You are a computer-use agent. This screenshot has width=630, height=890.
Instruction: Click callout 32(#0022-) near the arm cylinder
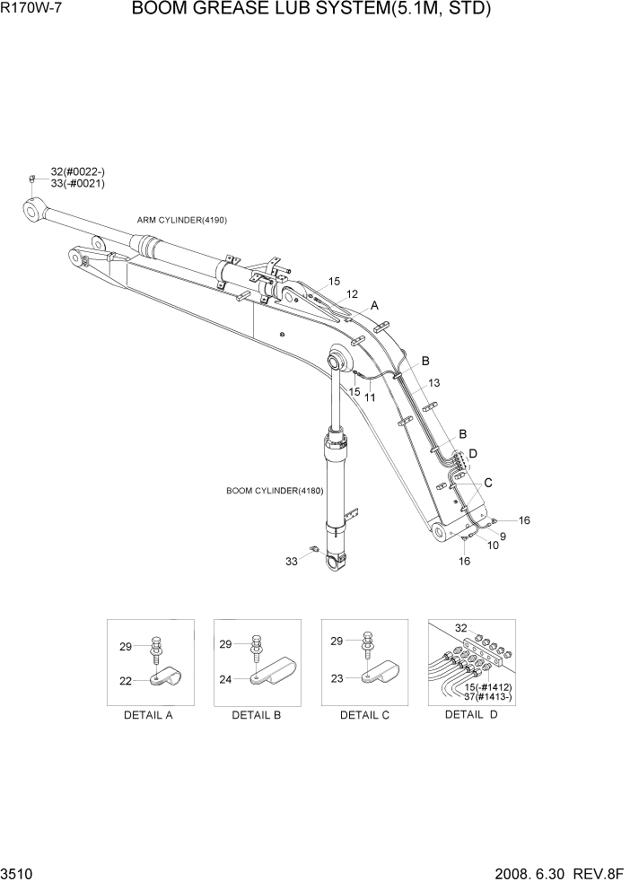tap(77, 171)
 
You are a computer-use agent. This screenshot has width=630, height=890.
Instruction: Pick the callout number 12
tap(352, 294)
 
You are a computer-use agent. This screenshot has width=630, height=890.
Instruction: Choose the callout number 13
tap(433, 383)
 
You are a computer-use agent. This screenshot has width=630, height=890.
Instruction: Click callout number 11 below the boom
tap(369, 397)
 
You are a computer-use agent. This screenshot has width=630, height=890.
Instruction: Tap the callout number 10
tap(494, 545)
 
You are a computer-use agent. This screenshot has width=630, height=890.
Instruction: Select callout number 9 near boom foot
tap(503, 537)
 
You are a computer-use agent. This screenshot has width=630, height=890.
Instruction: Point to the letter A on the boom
tap(375, 306)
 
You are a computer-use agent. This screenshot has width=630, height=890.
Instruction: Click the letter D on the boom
tap(473, 453)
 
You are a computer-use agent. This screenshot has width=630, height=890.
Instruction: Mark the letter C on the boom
tap(488, 483)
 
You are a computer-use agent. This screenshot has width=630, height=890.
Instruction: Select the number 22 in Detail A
tap(127, 681)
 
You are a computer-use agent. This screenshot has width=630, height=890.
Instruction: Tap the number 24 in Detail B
tap(225, 679)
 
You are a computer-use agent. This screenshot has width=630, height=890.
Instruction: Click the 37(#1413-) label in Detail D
tap(489, 697)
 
